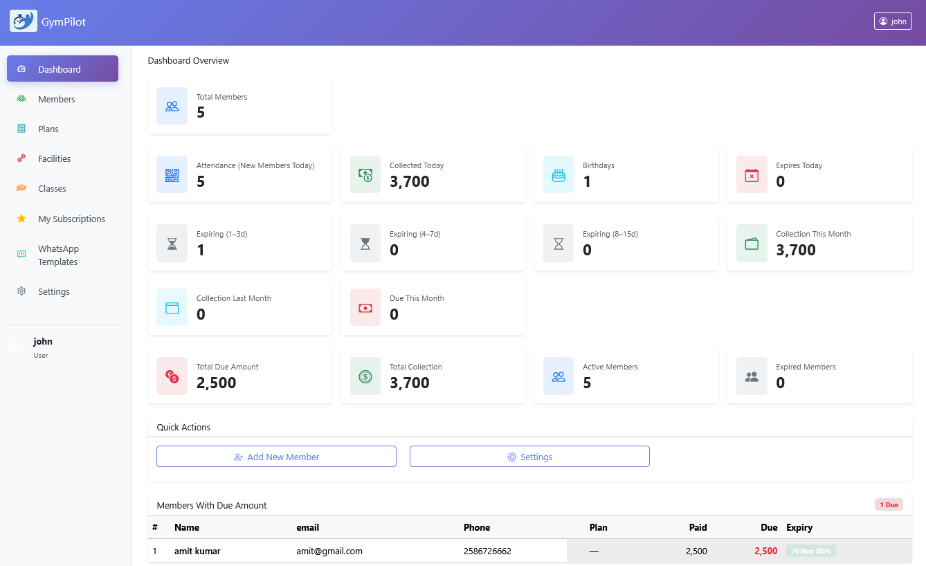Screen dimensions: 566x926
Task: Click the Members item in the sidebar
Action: point(56,99)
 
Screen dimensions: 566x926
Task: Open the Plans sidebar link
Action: point(48,129)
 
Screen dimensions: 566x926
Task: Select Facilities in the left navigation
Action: point(54,158)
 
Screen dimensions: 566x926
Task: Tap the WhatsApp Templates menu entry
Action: point(58,255)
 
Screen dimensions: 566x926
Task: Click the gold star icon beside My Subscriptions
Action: point(21,219)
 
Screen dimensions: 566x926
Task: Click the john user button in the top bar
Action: point(893,21)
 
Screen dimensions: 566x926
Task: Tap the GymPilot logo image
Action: point(23,21)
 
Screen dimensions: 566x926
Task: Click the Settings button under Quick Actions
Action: point(529,457)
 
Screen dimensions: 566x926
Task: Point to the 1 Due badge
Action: point(889,505)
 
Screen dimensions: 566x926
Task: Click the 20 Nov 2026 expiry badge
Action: point(810,551)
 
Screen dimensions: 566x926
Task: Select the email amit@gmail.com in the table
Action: point(329,551)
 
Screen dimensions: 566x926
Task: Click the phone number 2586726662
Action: point(487,551)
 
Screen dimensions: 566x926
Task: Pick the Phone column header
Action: point(477,527)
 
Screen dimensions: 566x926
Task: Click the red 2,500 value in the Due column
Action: point(765,551)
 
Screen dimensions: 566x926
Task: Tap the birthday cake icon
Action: point(559,175)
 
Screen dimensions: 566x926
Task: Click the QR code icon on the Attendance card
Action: point(172,175)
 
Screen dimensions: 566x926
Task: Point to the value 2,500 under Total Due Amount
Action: point(217,383)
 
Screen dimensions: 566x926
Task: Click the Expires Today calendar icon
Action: point(752,175)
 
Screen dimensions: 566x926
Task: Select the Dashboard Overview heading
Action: point(188,60)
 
